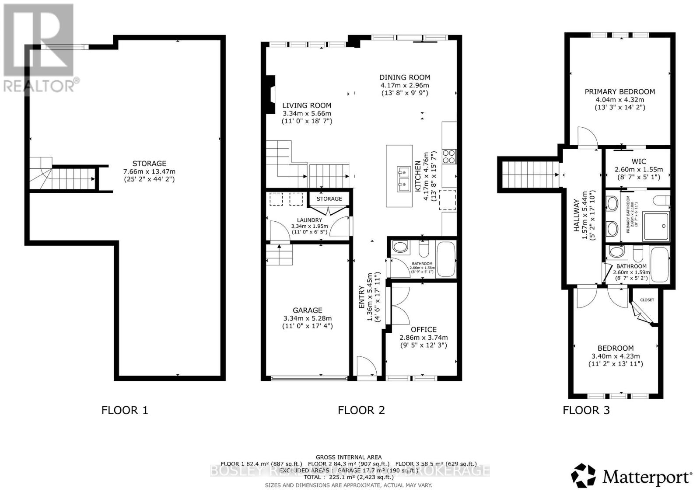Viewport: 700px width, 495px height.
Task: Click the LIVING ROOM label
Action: tap(306, 105)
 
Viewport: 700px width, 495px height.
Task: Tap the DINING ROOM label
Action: tap(404, 77)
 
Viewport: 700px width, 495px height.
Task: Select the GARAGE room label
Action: tap(308, 310)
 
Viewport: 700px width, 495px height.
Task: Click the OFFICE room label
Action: tap(423, 329)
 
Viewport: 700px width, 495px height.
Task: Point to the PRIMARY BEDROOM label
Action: tap(619, 91)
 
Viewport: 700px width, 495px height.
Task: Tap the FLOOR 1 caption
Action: tap(125, 410)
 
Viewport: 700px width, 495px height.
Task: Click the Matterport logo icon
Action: tap(584, 476)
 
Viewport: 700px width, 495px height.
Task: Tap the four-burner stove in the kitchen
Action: tap(449, 156)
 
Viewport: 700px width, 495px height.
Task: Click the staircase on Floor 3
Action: tap(529, 174)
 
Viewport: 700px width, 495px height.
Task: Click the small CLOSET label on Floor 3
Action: tap(647, 300)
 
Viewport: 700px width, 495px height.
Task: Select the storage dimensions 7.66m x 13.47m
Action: tap(149, 171)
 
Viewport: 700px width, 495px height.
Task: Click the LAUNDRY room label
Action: tap(309, 220)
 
